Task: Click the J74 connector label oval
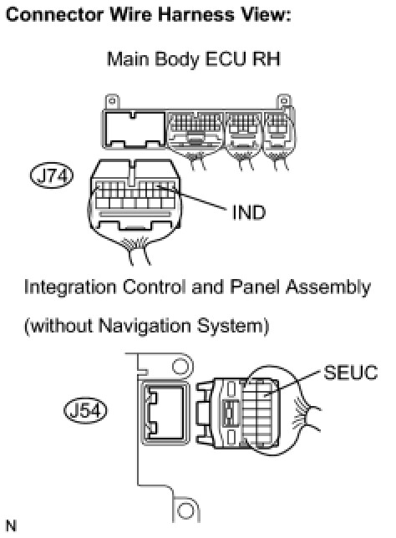click(x=52, y=175)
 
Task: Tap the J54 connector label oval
click(x=85, y=410)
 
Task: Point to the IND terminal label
click(x=249, y=212)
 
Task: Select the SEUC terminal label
click(x=350, y=373)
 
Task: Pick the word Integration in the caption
click(x=70, y=287)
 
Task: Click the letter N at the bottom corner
click(x=12, y=525)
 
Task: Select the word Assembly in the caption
click(x=328, y=287)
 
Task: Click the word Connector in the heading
click(x=54, y=15)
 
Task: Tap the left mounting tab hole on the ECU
click(x=112, y=101)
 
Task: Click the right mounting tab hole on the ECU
click(x=284, y=100)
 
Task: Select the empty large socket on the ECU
click(x=135, y=129)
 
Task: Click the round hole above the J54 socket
click(x=180, y=367)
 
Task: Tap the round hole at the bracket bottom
click(x=186, y=510)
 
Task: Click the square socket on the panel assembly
click(x=165, y=414)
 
